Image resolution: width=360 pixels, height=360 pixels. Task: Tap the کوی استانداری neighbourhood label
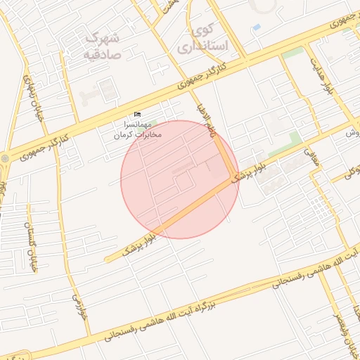pyautogui.click(x=210, y=38)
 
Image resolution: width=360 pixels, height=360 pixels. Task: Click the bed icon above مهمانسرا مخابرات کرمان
pyautogui.click(x=137, y=115)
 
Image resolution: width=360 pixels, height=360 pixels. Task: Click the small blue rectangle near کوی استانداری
pyautogui.click(x=256, y=27)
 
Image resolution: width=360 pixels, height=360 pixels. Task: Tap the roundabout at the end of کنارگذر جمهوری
pyautogui.click(x=6, y=159)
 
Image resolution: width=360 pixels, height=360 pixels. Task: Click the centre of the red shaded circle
pyautogui.click(x=180, y=179)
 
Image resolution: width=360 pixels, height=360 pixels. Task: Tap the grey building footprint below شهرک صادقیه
pyautogui.click(x=108, y=89)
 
